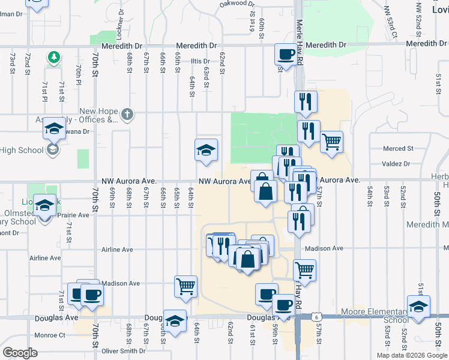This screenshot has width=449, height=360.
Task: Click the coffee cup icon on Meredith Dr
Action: [286, 55]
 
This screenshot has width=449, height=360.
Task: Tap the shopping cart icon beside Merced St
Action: [332, 142]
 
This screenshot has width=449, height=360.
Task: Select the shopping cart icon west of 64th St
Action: [185, 287]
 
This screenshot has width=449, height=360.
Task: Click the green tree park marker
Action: [55, 57]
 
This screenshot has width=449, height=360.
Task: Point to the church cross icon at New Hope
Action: [126, 113]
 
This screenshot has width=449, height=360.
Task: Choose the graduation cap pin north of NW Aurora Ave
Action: [206, 150]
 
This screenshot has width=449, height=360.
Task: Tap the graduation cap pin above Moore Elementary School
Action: [418, 306]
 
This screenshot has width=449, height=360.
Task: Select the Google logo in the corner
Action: [20, 352]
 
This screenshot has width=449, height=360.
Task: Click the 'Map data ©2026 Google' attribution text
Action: [411, 355]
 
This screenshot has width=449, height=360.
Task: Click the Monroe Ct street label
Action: [50, 335]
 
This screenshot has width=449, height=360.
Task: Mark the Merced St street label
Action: [400, 148]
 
